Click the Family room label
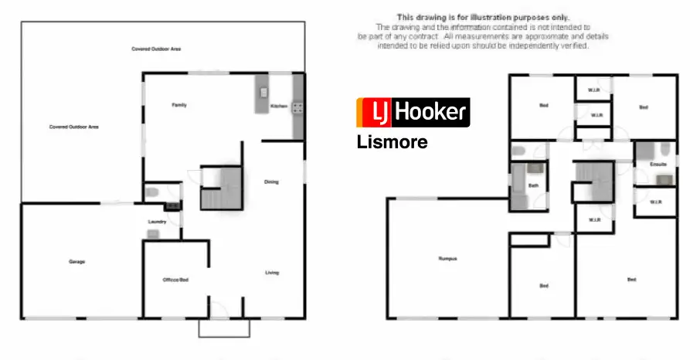(178, 105)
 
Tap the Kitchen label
(279, 106)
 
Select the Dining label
(271, 182)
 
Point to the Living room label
(271, 273)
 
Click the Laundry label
(158, 222)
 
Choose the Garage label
(76, 262)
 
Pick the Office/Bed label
(175, 280)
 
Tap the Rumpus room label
(447, 259)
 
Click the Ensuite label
(658, 165)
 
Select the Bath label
(533, 185)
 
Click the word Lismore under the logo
(392, 142)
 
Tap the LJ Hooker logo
(413, 113)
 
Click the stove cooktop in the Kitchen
(297, 109)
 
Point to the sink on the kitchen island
(263, 92)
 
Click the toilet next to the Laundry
(151, 192)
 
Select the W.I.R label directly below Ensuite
(655, 202)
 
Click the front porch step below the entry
(224, 328)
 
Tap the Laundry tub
(153, 233)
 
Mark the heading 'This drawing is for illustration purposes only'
(483, 16)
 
